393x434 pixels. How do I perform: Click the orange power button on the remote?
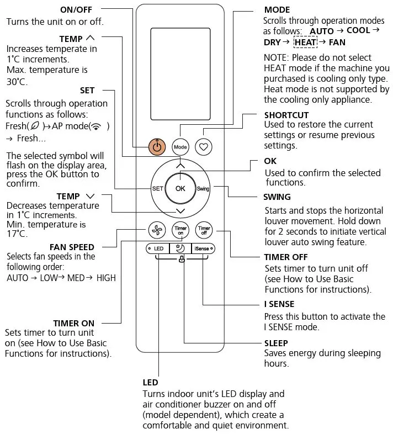pos(157,147)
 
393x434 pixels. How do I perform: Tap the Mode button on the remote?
pos(180,147)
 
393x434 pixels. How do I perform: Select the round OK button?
pos(180,188)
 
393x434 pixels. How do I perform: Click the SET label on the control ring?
pos(157,188)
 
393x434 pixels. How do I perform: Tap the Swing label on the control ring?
pos(203,188)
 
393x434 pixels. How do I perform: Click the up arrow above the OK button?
pos(180,165)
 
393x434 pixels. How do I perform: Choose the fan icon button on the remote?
pos(157,229)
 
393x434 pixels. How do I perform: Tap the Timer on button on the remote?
pos(180,229)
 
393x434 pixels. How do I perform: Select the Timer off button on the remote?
pos(204,229)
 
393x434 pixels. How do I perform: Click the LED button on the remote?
pos(158,249)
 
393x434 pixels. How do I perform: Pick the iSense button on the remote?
pos(204,249)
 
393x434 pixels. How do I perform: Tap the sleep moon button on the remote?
pos(180,249)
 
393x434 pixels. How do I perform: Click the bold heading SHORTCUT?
pos(286,115)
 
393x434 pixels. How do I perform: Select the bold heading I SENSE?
pos(279,304)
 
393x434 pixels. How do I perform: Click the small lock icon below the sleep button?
pos(181,260)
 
